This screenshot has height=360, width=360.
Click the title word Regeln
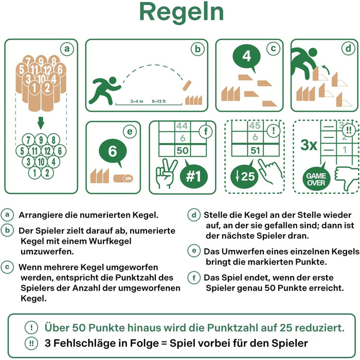[182, 12]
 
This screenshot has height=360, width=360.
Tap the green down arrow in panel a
[41, 123]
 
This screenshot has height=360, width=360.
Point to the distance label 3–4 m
[137, 101]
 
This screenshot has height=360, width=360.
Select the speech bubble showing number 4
[247, 58]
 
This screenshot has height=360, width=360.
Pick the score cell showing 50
[183, 150]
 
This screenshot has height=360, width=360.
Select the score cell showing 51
[256, 150]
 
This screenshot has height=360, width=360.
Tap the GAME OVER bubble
[316, 178]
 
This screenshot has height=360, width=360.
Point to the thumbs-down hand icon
[347, 178]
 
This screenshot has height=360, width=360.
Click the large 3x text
[309, 145]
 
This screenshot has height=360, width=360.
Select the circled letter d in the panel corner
[349, 48]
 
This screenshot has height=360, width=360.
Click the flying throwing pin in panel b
[187, 86]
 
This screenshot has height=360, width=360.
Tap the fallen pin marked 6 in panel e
[123, 178]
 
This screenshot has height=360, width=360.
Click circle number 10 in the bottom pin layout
[41, 162]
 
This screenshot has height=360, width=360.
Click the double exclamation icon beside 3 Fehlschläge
[31, 344]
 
